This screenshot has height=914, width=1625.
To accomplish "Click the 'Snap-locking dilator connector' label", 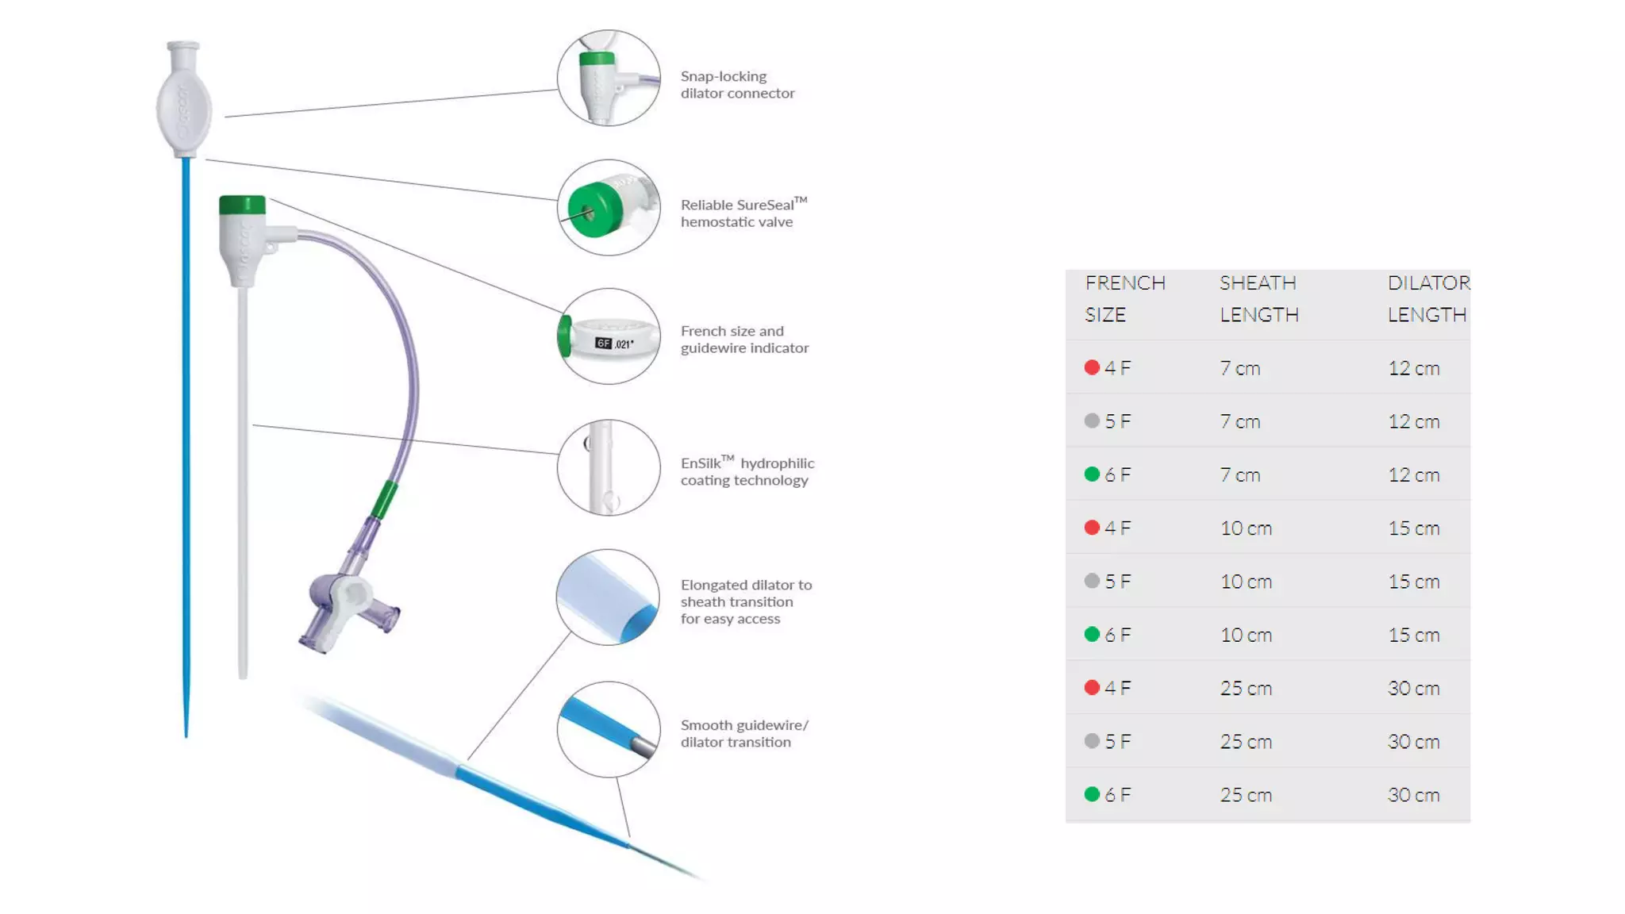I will [x=736, y=85].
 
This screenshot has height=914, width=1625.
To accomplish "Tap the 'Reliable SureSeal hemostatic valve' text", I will [x=743, y=213].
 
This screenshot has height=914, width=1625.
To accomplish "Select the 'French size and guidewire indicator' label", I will [x=743, y=340].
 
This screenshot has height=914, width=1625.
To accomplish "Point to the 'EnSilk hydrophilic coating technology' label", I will [x=747, y=471].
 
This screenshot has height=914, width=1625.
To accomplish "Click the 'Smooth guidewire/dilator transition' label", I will [x=743, y=733].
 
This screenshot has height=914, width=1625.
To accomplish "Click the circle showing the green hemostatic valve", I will [x=608, y=208].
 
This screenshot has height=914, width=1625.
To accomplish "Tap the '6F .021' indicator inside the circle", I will [x=614, y=344].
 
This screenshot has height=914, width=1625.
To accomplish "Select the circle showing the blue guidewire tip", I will [x=608, y=729].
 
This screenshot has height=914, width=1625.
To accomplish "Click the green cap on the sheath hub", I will [x=242, y=205].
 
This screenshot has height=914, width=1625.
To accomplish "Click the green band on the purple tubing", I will [x=385, y=500].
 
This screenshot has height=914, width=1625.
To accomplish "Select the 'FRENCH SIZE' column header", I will [x=1124, y=298].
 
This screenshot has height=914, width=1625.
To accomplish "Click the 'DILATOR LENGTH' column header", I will [x=1427, y=298].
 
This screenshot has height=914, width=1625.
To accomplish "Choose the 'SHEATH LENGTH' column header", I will [x=1258, y=298].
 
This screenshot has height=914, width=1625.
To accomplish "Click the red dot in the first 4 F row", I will [x=1092, y=367].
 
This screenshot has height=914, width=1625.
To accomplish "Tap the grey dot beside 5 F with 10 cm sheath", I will [x=1092, y=581].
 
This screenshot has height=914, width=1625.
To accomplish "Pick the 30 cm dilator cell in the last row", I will [x=1413, y=794].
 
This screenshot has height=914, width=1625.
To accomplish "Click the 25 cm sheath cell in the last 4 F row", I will [x=1246, y=688].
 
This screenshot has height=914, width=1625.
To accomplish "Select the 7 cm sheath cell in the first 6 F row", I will [x=1239, y=474].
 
